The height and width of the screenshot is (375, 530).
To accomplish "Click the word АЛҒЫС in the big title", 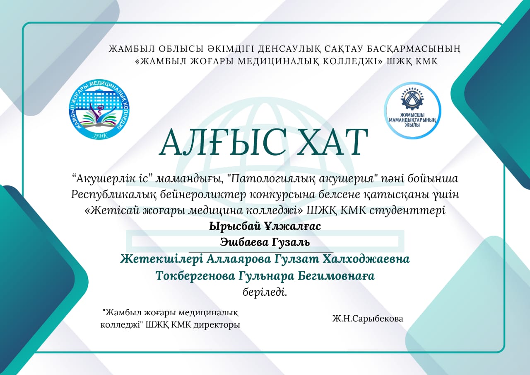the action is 222,143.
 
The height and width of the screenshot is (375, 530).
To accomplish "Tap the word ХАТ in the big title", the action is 333,143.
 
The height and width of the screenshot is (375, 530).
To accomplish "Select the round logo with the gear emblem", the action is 412,110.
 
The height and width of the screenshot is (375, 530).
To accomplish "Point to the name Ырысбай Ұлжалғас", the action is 265,226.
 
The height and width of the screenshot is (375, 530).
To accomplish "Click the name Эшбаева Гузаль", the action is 265,242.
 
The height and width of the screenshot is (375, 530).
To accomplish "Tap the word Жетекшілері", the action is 161,259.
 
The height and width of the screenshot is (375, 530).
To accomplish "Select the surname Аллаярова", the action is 239,259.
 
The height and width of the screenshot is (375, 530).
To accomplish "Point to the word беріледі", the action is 265,292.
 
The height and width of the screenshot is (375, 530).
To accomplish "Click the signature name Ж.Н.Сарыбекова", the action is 368,319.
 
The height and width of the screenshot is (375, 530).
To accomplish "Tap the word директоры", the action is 217,325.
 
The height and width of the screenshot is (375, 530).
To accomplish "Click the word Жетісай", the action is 112,210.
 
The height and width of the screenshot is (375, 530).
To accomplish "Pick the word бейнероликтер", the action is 203,195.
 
